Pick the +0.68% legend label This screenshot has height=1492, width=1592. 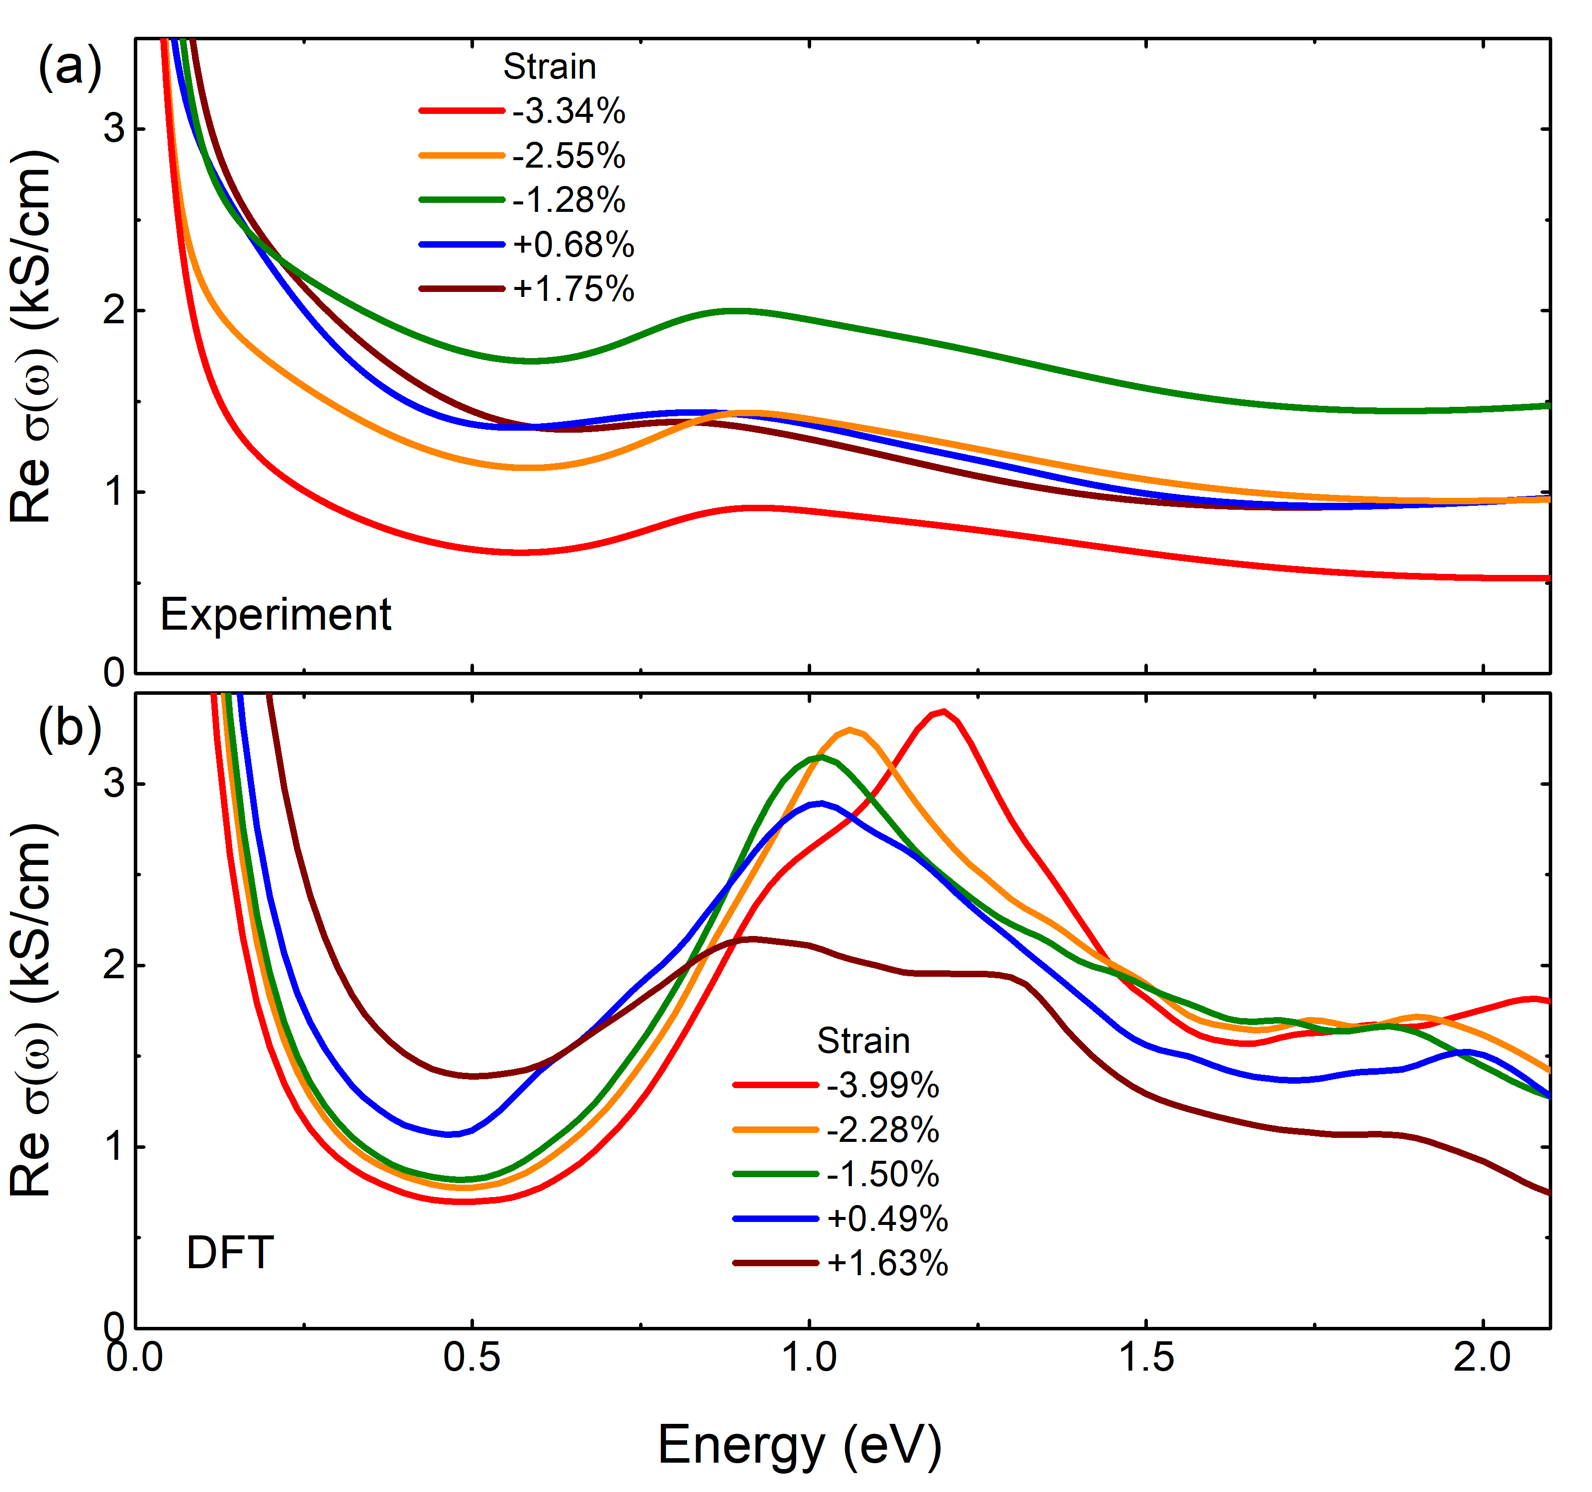(573, 245)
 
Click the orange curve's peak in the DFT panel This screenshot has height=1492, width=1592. (850, 730)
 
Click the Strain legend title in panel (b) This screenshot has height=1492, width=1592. (863, 1041)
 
